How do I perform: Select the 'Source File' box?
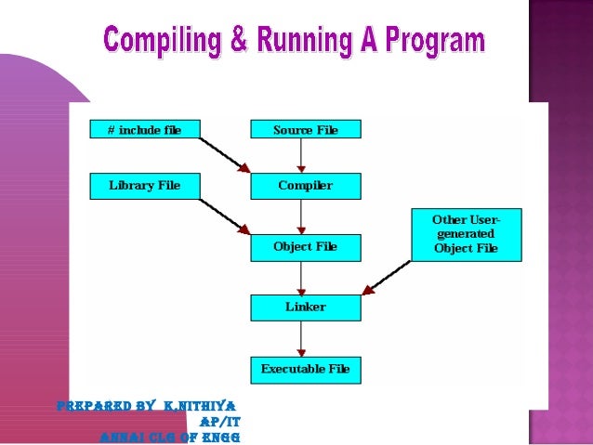[305, 130]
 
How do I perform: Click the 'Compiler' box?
[305, 186]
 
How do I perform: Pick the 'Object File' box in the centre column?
[305, 247]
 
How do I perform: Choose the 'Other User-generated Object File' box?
[465, 234]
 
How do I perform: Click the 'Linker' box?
[305, 308]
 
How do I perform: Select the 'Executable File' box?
[305, 370]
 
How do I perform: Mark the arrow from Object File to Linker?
[301, 278]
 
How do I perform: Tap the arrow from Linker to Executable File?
[301, 338]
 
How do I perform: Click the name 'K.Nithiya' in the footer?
[199, 406]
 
